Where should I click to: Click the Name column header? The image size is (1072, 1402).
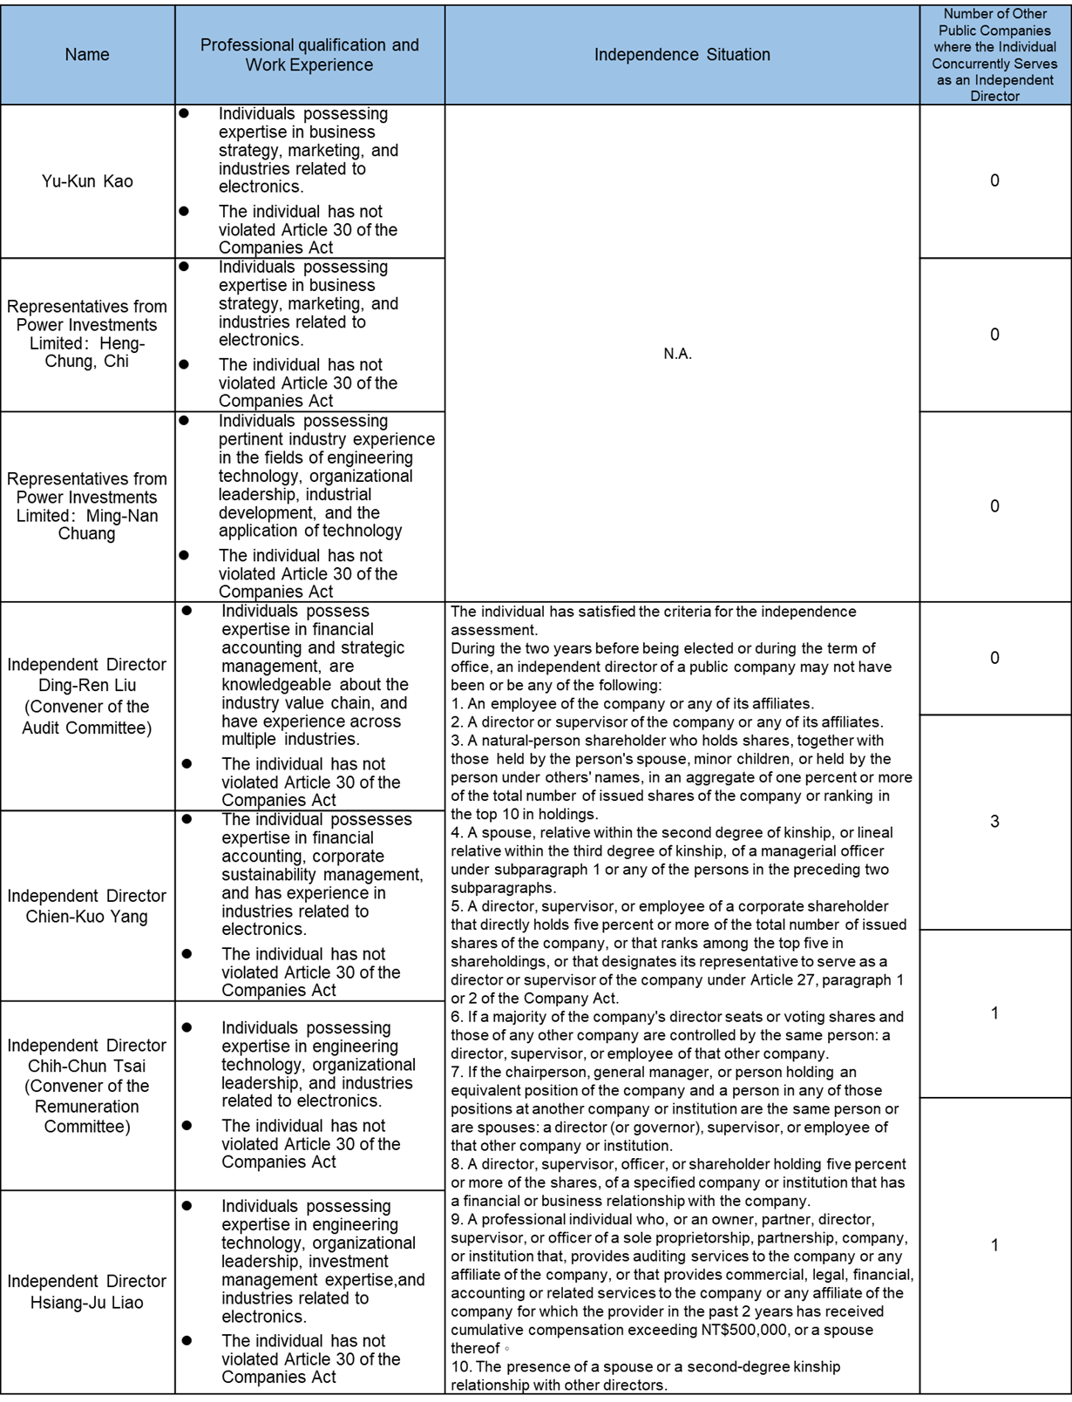pyautogui.click(x=87, y=55)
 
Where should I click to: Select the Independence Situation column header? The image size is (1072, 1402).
pyautogui.click(x=682, y=55)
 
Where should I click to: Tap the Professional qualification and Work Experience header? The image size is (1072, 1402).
pyautogui.click(x=309, y=55)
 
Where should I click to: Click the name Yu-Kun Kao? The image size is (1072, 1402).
pyautogui.click(x=87, y=181)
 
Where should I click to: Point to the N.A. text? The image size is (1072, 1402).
pyautogui.click(x=677, y=354)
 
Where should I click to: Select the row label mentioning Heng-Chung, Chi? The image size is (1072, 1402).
pyautogui.click(x=87, y=334)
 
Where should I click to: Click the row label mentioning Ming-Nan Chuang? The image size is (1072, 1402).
pyautogui.click(x=87, y=506)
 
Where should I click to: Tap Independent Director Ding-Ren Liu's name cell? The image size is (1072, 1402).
pyautogui.click(x=87, y=695)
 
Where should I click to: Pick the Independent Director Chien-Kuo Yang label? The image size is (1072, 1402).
pyautogui.click(x=87, y=905)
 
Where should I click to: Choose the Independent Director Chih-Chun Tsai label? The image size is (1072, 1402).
pyautogui.click(x=87, y=1086)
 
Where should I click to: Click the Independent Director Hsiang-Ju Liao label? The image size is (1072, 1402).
pyautogui.click(x=87, y=1291)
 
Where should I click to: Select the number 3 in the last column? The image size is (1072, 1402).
pyautogui.click(x=994, y=822)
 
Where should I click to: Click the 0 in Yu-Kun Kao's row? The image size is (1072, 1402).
pyautogui.click(x=994, y=181)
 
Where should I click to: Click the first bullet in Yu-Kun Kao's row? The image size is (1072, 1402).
pyautogui.click(x=184, y=113)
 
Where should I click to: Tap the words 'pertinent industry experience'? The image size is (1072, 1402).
pyautogui.click(x=326, y=439)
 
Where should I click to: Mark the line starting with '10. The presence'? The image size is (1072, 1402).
pyautogui.click(x=645, y=1366)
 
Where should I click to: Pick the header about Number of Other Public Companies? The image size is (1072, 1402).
pyautogui.click(x=994, y=55)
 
